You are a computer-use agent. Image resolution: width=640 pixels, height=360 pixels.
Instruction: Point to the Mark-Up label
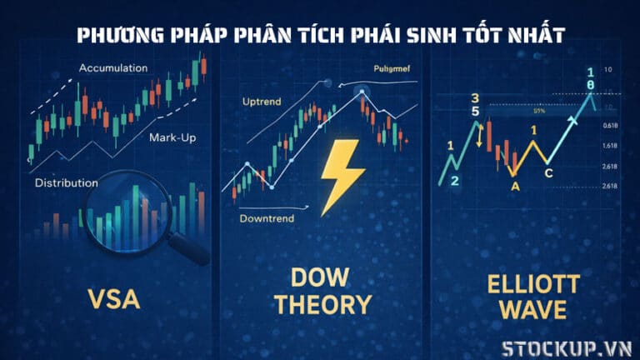pos(172,137)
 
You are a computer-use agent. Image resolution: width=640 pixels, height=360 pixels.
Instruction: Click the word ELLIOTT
pos(531,285)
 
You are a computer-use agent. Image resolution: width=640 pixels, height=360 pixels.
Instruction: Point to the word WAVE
pos(531,311)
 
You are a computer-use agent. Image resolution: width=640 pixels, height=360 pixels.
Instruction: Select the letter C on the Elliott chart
pos(548,173)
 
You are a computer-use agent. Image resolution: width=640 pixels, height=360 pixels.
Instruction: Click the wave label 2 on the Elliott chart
pos(454,180)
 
